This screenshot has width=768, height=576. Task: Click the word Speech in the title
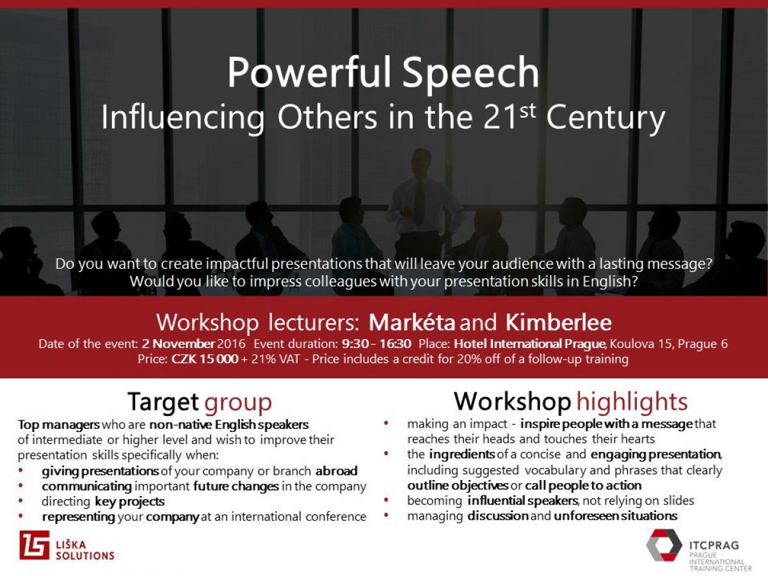470,74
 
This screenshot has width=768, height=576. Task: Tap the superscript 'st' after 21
527,111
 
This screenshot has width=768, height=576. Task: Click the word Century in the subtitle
605,119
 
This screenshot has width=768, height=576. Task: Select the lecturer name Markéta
412,322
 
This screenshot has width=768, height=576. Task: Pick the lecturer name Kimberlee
559,322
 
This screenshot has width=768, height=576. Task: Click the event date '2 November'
178,344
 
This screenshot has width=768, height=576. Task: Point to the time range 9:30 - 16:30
376,344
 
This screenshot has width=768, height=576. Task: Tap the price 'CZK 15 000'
205,359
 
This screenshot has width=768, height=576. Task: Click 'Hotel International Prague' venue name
529,344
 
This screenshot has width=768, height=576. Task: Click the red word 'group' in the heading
238,403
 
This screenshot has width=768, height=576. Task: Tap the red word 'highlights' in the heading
632,402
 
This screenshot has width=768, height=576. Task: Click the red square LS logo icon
35,545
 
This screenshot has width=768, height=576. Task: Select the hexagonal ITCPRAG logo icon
664,545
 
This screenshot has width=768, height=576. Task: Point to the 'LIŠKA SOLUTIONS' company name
85,550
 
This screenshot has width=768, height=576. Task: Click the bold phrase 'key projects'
130,502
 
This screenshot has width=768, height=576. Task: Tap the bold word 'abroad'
336,471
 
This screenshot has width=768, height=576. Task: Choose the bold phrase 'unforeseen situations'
616,516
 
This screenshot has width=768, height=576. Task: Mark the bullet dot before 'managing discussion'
387,515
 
